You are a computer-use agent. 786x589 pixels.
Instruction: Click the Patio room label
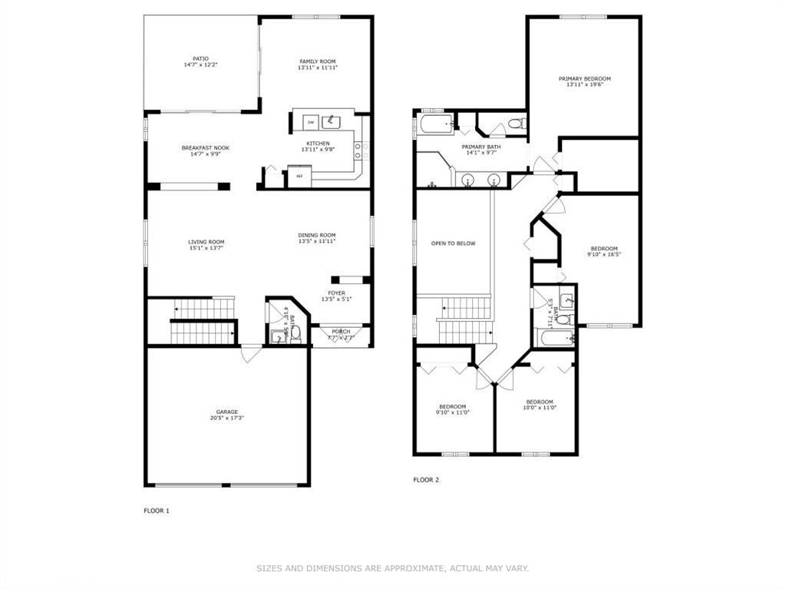pyautogui.click(x=200, y=58)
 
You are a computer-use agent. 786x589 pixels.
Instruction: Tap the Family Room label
pyautogui.click(x=317, y=61)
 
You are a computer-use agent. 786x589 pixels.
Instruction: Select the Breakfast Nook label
pyautogui.click(x=205, y=148)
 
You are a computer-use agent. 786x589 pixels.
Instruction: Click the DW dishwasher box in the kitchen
pyautogui.click(x=311, y=123)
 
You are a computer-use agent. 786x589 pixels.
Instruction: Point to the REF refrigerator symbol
pyautogui.click(x=299, y=176)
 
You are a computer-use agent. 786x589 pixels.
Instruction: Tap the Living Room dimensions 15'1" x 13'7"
pyautogui.click(x=206, y=248)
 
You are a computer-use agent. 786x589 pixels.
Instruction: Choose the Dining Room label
pyautogui.click(x=317, y=235)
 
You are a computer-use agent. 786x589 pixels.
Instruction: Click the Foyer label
pyautogui.click(x=336, y=293)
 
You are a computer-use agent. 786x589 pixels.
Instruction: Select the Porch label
pyautogui.click(x=341, y=331)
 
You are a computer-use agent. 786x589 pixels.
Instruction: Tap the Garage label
pyautogui.click(x=226, y=412)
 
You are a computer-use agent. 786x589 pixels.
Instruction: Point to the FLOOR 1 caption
pyautogui.click(x=157, y=511)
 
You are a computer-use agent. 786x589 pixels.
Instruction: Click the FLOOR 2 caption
pyautogui.click(x=426, y=480)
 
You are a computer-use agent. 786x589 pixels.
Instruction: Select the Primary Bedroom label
pyautogui.click(x=584, y=78)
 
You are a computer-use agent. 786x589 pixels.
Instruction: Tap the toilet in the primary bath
pyautogui.click(x=515, y=123)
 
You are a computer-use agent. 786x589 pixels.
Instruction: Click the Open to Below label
pyautogui.click(x=453, y=243)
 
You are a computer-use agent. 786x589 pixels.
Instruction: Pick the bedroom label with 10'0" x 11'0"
pyautogui.click(x=540, y=402)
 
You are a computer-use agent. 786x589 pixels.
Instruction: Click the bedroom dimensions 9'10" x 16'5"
pyautogui.click(x=604, y=254)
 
